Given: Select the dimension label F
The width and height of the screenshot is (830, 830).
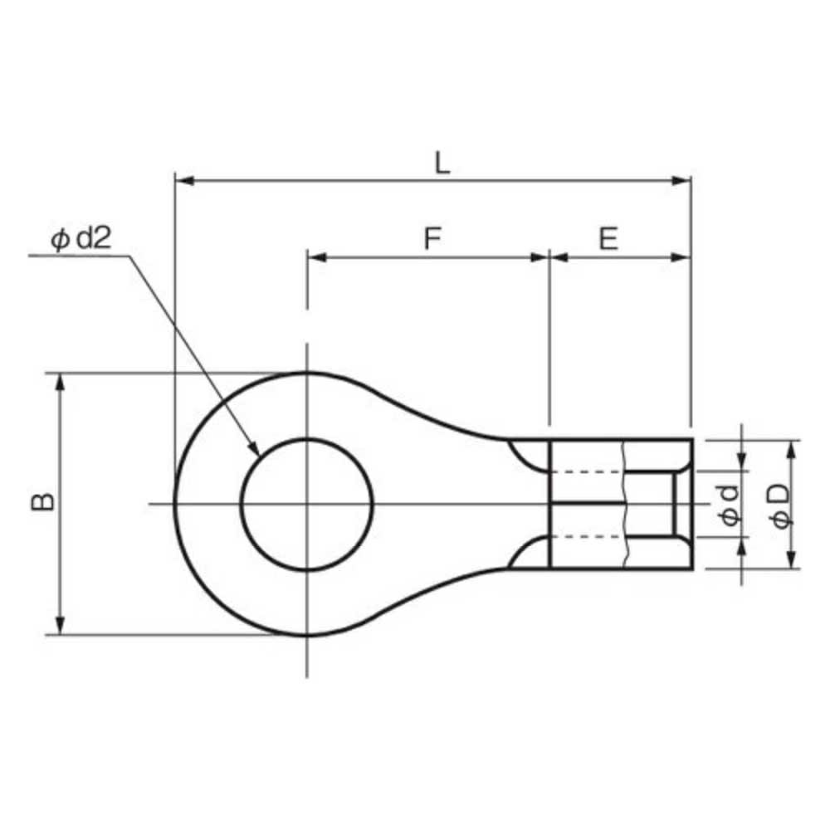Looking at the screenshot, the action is click(x=432, y=238).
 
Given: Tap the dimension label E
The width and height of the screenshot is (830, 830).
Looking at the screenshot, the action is click(x=608, y=239).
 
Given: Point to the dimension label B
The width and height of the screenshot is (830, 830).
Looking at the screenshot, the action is click(x=43, y=502).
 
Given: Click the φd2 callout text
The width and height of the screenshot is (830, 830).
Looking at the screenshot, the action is click(x=81, y=238).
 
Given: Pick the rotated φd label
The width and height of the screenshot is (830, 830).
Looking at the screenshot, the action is click(x=730, y=505).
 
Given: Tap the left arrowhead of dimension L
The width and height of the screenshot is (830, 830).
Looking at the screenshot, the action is click(x=184, y=180).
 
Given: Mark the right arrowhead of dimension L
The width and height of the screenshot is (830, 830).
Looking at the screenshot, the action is click(x=681, y=180).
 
